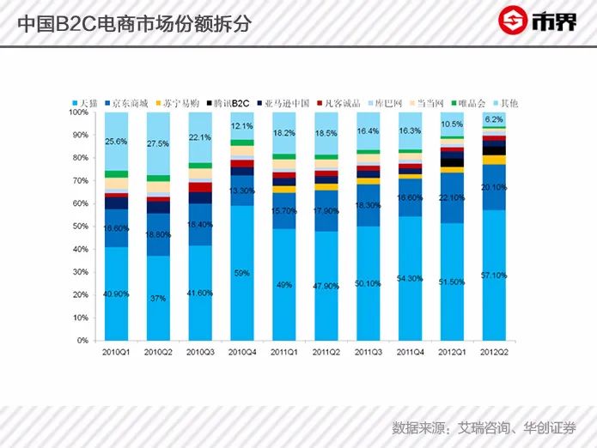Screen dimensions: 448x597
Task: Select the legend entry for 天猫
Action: click(86, 103)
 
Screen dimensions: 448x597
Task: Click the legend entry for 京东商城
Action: click(127, 103)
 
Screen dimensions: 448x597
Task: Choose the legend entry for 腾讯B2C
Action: click(228, 103)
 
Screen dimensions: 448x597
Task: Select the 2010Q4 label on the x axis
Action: click(243, 353)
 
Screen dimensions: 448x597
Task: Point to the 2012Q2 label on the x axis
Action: click(494, 353)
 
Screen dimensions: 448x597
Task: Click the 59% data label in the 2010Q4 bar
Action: click(243, 273)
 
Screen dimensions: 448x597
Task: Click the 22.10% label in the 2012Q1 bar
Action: click(453, 198)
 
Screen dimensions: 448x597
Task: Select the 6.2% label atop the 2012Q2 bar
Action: click(494, 119)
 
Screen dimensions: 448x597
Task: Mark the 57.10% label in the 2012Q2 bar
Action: click(494, 275)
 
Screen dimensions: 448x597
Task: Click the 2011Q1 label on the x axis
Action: click(285, 353)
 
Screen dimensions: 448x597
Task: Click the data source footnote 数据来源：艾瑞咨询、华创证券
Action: click(484, 427)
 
